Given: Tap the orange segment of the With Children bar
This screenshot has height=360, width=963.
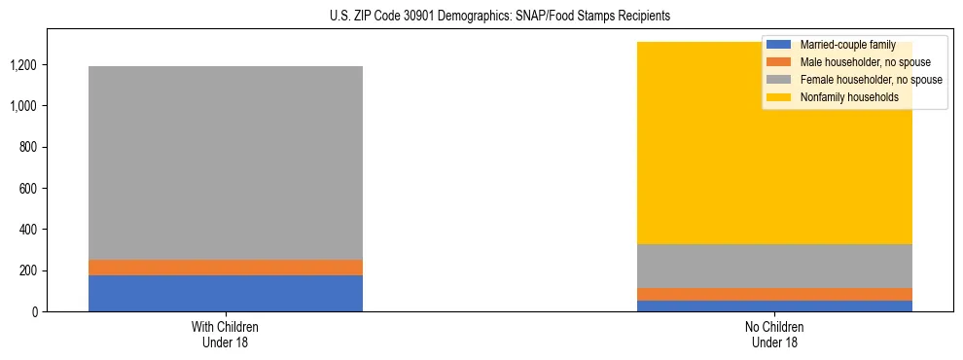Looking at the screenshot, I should pos(226,268).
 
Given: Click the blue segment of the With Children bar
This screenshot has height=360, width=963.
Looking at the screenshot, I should pos(226,293).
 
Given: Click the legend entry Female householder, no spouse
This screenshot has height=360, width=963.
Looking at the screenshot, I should pos(870,80).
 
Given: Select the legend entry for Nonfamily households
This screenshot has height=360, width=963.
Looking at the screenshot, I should pos(846,97).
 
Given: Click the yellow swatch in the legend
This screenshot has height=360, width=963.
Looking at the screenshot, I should pos(780,97).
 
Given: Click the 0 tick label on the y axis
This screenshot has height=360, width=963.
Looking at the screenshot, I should pos(36,311).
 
